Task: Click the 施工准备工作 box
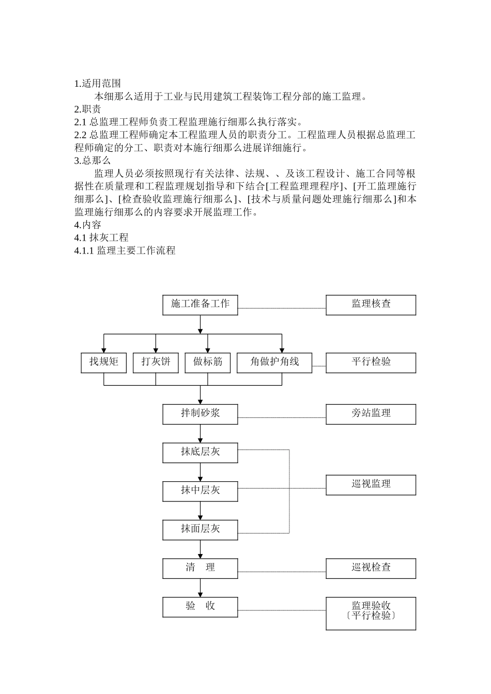(x=200, y=305)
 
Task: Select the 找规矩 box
(x=104, y=362)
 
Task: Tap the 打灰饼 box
(x=156, y=362)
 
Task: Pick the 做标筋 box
(x=208, y=362)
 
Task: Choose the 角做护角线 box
(x=274, y=362)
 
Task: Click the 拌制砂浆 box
(x=200, y=414)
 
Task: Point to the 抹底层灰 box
(x=200, y=452)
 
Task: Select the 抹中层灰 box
(x=200, y=491)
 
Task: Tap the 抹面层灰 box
(x=200, y=529)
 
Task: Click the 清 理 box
(x=200, y=568)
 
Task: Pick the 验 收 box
(x=200, y=607)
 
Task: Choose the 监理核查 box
(x=371, y=305)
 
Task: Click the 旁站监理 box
(x=371, y=414)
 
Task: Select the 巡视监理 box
(x=371, y=485)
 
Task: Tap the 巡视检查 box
(x=371, y=568)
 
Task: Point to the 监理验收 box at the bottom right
(x=371, y=613)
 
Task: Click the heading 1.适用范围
(x=98, y=84)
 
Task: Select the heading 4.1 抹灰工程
(x=102, y=238)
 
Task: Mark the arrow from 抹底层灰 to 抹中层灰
(x=200, y=472)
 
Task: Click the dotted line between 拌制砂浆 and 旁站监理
(x=282, y=417)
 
